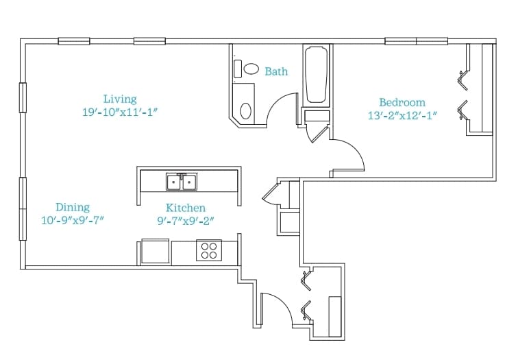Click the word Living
pyautogui.click(x=120, y=99)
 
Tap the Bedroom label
pyautogui.click(x=402, y=102)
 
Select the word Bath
pyautogui.click(x=276, y=71)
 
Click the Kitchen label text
pyautogui.click(x=185, y=208)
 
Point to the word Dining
pyautogui.click(x=73, y=207)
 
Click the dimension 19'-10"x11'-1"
pyautogui.click(x=120, y=112)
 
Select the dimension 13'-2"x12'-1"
pyautogui.click(x=402, y=116)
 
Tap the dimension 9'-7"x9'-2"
pyautogui.click(x=186, y=221)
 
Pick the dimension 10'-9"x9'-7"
pyautogui.click(x=73, y=220)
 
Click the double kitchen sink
pyautogui.click(x=182, y=182)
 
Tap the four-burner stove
pyautogui.click(x=209, y=250)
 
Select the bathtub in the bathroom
pyautogui.click(x=316, y=75)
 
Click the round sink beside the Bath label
pyautogui.click(x=251, y=69)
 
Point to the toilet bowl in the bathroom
pyautogui.click(x=246, y=111)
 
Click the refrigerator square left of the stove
pyautogui.click(x=156, y=251)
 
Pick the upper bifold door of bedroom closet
pyautogui.click(x=463, y=80)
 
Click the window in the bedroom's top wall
pyautogui.click(x=417, y=41)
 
